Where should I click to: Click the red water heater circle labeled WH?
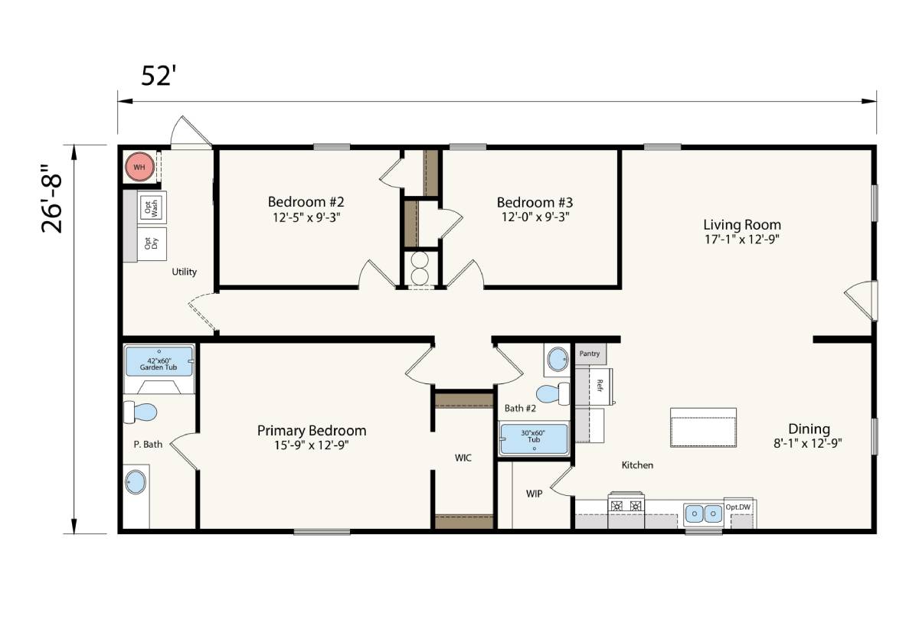click(x=139, y=168)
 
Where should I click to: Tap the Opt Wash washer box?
click(x=152, y=207)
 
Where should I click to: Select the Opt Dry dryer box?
click(x=152, y=244)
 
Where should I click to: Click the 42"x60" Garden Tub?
click(x=159, y=361)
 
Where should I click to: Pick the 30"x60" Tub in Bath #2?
click(x=534, y=439)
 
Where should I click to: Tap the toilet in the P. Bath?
click(x=140, y=412)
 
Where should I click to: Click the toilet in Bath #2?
click(x=553, y=394)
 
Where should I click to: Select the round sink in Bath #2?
click(x=558, y=359)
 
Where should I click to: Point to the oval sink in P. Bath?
click(x=136, y=483)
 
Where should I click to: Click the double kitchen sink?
click(x=704, y=514)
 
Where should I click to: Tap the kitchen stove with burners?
click(x=626, y=505)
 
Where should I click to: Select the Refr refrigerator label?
click(x=600, y=386)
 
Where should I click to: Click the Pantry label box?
click(x=590, y=354)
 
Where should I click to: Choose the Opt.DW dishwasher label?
click(x=737, y=507)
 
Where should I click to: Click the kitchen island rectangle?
click(x=703, y=427)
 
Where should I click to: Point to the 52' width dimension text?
click(x=159, y=76)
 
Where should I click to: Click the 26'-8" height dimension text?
click(x=52, y=199)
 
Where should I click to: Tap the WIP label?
click(x=535, y=494)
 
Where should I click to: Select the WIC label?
click(x=463, y=458)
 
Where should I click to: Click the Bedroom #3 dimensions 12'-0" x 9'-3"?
click(x=535, y=217)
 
